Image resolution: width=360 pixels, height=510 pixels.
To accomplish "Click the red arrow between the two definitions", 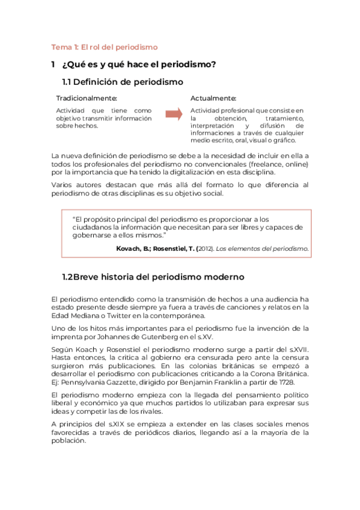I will point(174,114).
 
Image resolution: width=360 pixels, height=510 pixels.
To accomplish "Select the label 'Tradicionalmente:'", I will point(87,98).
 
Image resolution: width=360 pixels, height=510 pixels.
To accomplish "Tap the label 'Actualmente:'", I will point(213,98).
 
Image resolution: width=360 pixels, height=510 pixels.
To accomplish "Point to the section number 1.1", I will point(70,81).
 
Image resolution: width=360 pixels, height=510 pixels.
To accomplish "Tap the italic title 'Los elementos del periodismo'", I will point(262,248).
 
